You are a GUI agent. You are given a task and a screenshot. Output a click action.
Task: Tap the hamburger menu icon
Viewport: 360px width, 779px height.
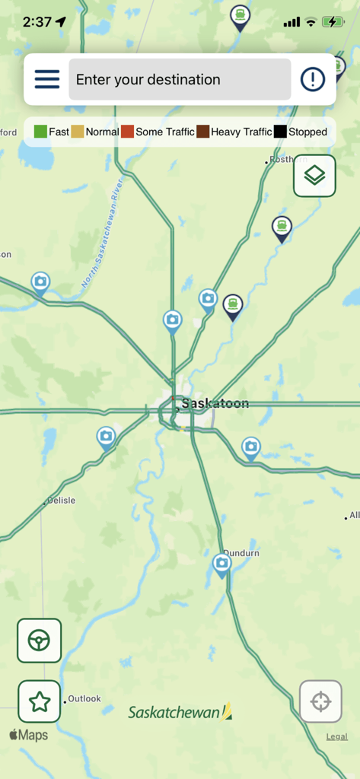click(x=46, y=79)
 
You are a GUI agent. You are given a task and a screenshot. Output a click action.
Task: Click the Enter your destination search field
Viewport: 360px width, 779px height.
click(x=180, y=79)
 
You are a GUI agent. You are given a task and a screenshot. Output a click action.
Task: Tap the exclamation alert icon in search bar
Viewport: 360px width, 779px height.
click(x=313, y=79)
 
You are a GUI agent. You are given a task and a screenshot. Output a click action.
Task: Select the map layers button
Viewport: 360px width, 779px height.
click(x=314, y=176)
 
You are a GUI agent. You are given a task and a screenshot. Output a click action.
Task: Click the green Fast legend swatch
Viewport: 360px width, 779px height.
click(x=40, y=132)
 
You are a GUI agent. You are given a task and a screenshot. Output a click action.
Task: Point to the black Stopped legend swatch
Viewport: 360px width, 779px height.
click(x=280, y=132)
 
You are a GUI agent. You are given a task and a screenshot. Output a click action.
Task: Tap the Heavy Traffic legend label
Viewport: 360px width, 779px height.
click(x=241, y=132)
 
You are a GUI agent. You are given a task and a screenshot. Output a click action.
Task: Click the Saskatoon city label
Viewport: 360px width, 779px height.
click(x=215, y=403)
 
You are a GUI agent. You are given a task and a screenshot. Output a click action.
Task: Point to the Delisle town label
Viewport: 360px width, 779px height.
click(x=62, y=501)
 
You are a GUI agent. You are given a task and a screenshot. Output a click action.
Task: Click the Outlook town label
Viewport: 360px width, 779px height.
click(x=84, y=698)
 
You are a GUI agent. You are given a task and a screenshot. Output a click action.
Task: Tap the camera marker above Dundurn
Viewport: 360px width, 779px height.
click(x=221, y=564)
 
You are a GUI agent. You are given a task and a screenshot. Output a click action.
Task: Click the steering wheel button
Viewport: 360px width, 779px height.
click(x=40, y=641)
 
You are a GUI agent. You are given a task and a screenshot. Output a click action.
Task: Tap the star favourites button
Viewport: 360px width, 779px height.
click(x=40, y=701)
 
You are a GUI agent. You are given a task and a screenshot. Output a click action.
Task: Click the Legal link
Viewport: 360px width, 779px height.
click(x=336, y=736)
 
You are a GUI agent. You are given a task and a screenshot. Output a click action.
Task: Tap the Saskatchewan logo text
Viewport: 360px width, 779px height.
click(x=175, y=713)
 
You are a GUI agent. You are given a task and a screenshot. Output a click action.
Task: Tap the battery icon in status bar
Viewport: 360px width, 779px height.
click(x=333, y=22)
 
